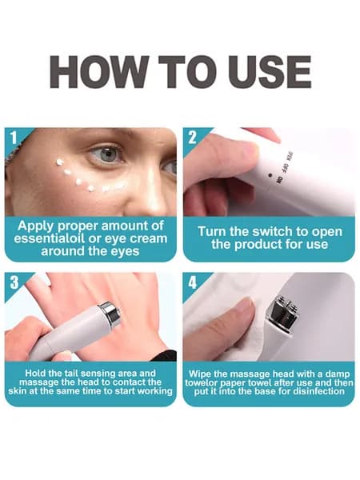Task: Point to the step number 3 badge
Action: tap(14, 282)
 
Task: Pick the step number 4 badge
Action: tap(192, 282)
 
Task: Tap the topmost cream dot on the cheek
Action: tap(59, 162)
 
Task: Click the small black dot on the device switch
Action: tap(270, 175)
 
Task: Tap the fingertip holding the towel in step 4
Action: tap(245, 308)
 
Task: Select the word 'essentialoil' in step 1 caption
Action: tap(49, 238)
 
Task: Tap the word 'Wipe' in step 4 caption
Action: tap(198, 374)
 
